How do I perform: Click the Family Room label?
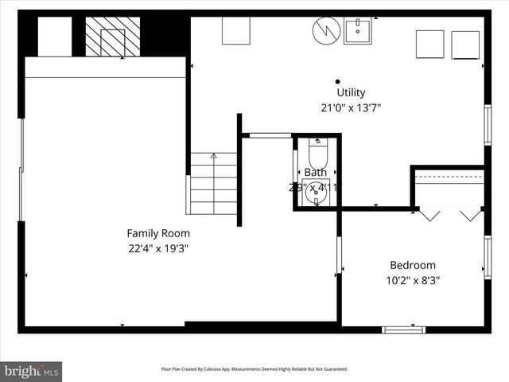[158, 233]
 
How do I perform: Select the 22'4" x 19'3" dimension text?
[158, 248]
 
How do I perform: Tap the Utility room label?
[351, 92]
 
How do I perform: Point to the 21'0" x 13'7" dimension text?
[351, 107]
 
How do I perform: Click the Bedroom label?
[412, 265]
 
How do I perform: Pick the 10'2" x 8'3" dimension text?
[412, 280]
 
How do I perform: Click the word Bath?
[315, 172]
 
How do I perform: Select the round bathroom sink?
[317, 192]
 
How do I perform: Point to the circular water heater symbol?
[325, 32]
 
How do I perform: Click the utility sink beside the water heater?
[358, 31]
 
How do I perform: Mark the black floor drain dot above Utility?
[337, 81]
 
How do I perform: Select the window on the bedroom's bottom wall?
[403, 329]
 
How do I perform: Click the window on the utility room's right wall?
[488, 125]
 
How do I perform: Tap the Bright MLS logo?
[32, 370]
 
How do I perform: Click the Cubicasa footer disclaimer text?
[254, 369]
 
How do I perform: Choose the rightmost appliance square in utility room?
[465, 45]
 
